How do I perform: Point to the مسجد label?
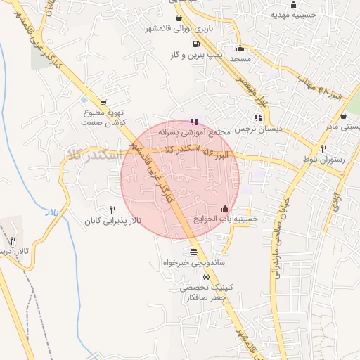coord(240,60)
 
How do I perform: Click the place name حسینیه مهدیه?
coord(293,15)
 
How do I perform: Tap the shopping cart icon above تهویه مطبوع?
coord(104,103)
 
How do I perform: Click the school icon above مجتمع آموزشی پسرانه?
coord(194,122)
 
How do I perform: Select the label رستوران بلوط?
coord(323,160)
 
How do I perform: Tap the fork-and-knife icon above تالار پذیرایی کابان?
coord(112,210)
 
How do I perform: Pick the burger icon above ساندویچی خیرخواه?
coord(193,251)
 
